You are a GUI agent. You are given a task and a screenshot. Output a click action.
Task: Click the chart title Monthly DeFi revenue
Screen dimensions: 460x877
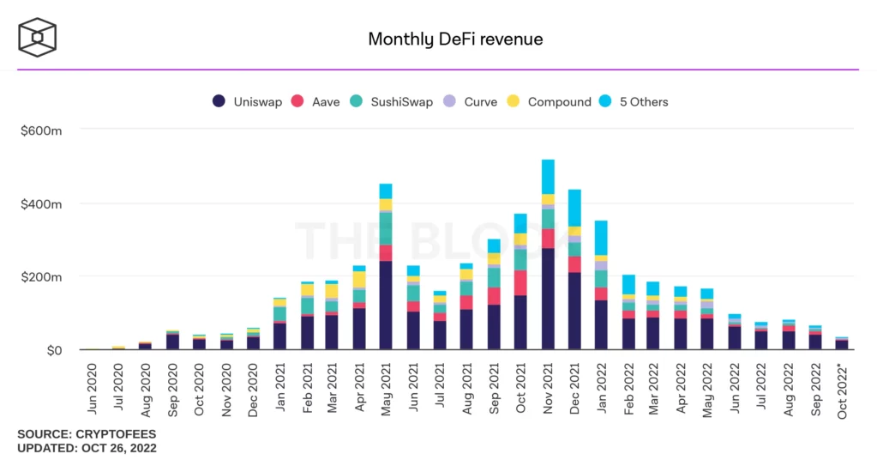(x=455, y=39)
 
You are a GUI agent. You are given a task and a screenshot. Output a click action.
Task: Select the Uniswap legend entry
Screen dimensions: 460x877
(x=248, y=101)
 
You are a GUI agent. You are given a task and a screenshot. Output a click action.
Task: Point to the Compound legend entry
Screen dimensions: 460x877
(x=550, y=101)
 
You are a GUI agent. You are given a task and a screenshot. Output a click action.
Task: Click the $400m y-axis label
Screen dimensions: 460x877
(x=42, y=203)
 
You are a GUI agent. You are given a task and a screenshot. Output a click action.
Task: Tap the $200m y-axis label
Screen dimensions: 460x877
(x=42, y=277)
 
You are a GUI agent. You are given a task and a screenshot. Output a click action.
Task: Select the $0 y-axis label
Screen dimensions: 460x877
(x=53, y=350)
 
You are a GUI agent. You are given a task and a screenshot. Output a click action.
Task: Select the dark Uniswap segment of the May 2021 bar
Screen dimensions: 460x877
(x=386, y=306)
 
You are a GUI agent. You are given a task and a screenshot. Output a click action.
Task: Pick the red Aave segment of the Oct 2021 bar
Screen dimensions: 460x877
(x=520, y=283)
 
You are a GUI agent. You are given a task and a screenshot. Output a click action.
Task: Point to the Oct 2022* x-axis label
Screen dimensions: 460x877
(x=843, y=392)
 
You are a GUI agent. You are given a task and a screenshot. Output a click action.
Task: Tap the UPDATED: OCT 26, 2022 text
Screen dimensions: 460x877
(x=87, y=448)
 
